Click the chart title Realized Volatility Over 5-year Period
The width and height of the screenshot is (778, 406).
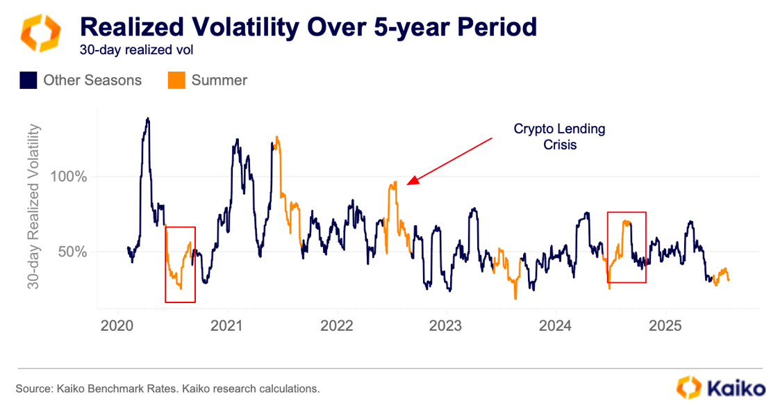[308, 27]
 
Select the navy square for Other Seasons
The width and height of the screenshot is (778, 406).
[28, 81]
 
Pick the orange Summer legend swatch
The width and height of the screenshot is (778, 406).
[176, 81]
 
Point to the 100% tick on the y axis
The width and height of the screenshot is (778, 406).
[69, 177]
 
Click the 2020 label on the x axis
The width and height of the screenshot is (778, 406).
[115, 325]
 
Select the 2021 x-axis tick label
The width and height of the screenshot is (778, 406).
[226, 325]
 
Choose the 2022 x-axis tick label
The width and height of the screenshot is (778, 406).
[336, 325]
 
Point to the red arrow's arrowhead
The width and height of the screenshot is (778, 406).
[410, 183]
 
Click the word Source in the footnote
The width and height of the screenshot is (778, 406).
[33, 389]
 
